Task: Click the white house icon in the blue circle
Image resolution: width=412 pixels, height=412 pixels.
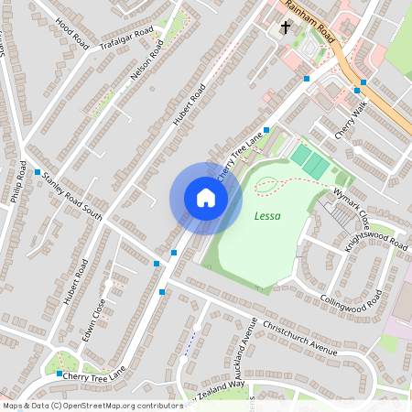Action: coord(206,198)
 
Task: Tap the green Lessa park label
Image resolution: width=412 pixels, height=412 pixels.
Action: coord(267,217)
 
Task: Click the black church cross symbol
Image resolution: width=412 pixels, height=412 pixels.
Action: coord(286,28)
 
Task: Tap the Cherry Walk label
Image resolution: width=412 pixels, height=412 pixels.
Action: coord(351,122)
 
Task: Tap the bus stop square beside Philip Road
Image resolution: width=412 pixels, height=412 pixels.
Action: coord(38,172)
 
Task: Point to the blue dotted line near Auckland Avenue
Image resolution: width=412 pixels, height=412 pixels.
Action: coord(190,342)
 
